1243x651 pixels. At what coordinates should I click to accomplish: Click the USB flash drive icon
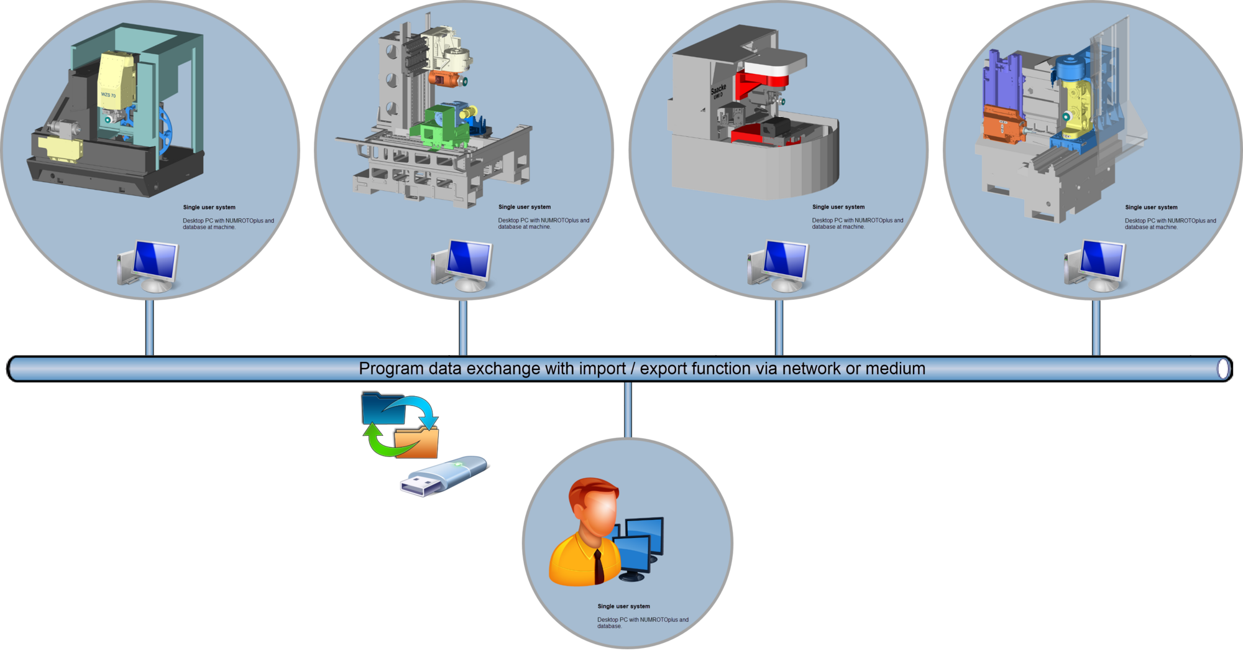point(444,476)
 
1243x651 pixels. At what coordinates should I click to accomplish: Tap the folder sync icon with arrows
point(400,425)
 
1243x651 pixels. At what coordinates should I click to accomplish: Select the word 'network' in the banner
point(812,369)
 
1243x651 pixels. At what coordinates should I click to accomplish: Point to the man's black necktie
point(599,566)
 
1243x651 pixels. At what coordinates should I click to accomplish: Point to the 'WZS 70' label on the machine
point(109,95)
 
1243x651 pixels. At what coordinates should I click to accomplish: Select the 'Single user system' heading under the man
point(623,606)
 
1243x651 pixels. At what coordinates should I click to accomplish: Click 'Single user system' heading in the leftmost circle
point(209,207)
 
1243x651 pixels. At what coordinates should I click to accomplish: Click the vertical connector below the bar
point(628,410)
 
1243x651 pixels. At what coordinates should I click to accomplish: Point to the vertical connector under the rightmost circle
point(1096,328)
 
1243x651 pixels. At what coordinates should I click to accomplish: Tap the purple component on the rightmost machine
point(1001,82)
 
